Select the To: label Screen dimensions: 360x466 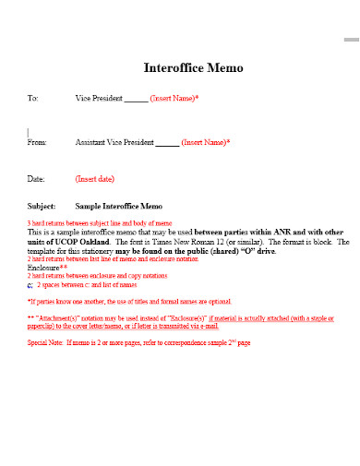click(x=33, y=98)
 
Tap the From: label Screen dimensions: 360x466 click(x=37, y=143)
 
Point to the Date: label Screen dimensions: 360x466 click(x=36, y=178)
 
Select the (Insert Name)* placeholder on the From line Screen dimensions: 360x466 click(x=205, y=143)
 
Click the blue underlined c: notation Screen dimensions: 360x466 click(x=30, y=285)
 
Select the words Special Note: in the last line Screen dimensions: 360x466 click(x=45, y=342)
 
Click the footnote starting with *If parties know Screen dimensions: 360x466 click(x=128, y=301)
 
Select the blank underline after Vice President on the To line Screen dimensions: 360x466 click(x=135, y=99)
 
